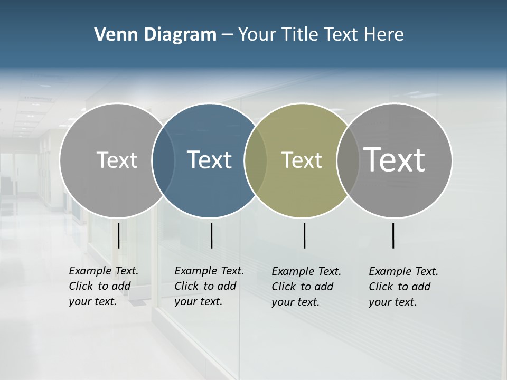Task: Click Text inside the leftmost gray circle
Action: coord(117,160)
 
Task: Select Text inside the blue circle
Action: coord(209,160)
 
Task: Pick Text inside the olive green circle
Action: coord(302,160)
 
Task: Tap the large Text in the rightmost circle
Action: coord(395,160)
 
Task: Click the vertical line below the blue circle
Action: coord(211,235)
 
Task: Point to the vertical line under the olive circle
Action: coord(304,235)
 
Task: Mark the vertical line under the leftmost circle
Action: coord(119,235)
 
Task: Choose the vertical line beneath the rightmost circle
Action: coord(393,235)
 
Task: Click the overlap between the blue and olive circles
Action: coord(256,160)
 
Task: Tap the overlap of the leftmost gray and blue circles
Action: coord(163,160)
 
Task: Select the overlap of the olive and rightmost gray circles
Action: coord(347,160)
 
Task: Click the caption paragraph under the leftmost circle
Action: coord(104,286)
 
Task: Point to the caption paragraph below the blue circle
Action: coord(209,286)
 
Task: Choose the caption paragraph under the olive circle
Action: coord(306,287)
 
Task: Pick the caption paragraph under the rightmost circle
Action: coord(403,287)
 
